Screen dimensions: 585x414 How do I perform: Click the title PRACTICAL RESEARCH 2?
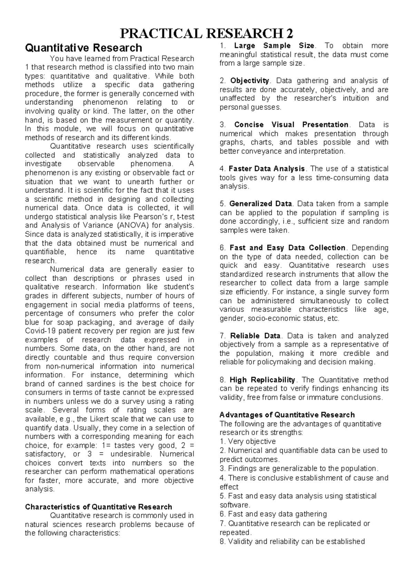(206, 34)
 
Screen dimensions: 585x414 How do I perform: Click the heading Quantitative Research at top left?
(83, 48)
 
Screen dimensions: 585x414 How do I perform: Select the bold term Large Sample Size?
(274, 46)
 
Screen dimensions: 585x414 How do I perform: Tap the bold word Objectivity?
(249, 81)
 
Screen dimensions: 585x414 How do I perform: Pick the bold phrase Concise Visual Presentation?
(291, 125)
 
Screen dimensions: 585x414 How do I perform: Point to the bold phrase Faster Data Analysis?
(267, 169)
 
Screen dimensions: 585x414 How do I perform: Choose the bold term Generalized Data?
(260, 204)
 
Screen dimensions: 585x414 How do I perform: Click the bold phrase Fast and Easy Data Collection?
(287, 248)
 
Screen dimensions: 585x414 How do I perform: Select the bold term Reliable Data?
(255, 336)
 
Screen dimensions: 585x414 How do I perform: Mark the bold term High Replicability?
(262, 380)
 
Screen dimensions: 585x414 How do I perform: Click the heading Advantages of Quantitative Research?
(287, 415)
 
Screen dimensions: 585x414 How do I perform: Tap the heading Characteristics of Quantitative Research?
(98, 507)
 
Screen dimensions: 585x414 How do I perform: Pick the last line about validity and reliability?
(292, 542)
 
